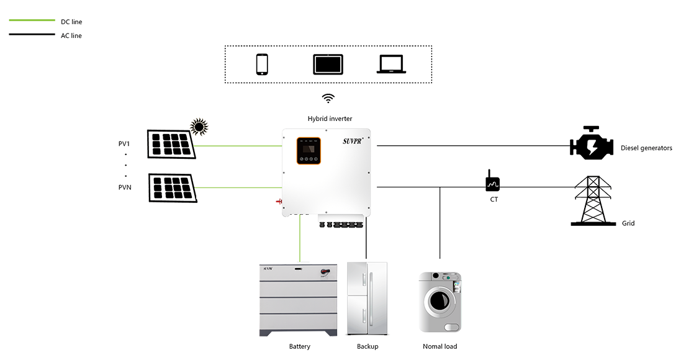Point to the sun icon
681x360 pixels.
point(199,126)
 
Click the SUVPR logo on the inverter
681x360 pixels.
point(355,142)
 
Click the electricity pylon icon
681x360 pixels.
point(589,199)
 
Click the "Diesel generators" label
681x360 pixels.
point(645,148)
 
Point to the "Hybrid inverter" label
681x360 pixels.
point(330,119)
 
